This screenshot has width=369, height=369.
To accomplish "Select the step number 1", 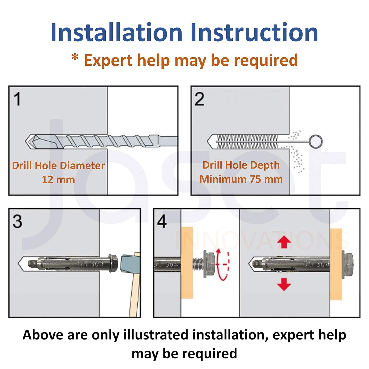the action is point(17,99).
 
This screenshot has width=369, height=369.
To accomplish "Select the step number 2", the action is point(199,99).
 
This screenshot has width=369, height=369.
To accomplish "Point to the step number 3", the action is point(17,221).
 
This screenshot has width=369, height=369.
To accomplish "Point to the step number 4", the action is point(162,221).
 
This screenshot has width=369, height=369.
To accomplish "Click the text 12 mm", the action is point(58,180).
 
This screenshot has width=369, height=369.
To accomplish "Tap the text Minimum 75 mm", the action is point(241,179).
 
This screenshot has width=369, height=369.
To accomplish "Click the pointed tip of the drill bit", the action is point(26,141).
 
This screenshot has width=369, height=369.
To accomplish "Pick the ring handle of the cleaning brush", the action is point(315,141).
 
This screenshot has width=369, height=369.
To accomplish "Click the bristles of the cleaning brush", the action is point(247,141).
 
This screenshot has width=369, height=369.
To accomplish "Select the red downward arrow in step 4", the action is point(284,284).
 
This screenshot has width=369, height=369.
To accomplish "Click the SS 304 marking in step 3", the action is point(91,264).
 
